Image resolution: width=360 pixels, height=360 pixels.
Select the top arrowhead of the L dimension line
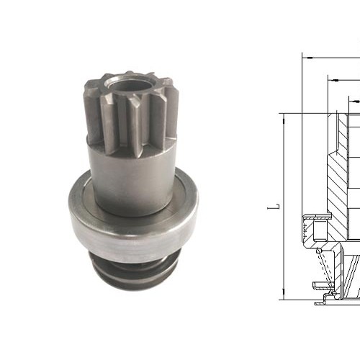tap(284, 115)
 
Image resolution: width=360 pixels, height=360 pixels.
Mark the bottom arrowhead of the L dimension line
tap(284, 297)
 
